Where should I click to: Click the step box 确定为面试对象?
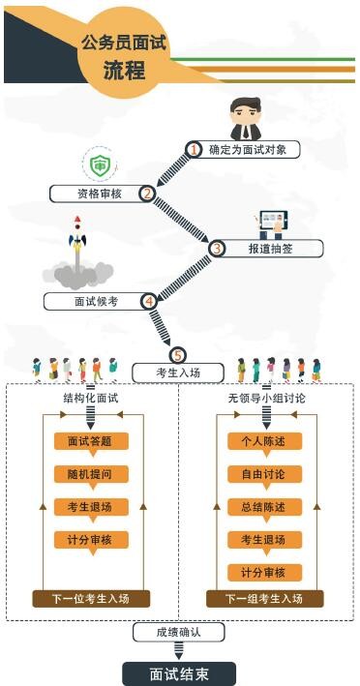click(x=246, y=150)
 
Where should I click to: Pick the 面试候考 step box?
click(x=98, y=301)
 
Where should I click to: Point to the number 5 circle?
click(x=177, y=355)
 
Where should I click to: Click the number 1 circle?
click(x=194, y=150)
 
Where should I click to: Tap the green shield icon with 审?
click(x=98, y=164)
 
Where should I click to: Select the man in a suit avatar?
click(x=246, y=117)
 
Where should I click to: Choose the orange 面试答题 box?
click(x=91, y=442)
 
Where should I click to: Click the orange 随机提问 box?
click(x=91, y=475)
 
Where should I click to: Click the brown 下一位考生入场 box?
click(x=91, y=598)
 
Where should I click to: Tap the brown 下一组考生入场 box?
click(x=264, y=598)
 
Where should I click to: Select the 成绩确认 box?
click(x=179, y=633)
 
